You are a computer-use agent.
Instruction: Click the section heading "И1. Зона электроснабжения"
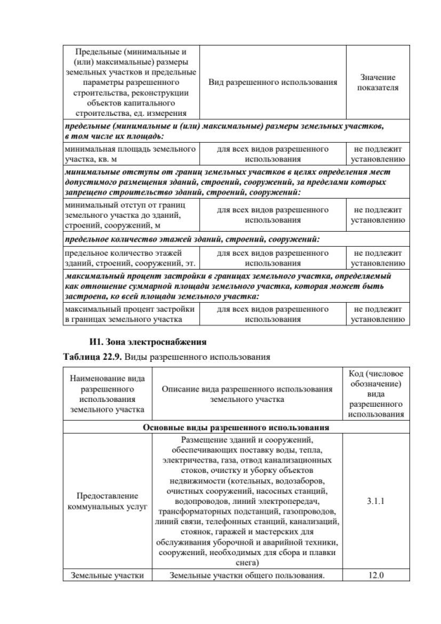click(148, 342)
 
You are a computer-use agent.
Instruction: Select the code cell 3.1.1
click(376, 502)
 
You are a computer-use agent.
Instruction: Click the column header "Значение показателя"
click(378, 83)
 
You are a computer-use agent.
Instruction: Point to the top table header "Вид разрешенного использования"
click(272, 83)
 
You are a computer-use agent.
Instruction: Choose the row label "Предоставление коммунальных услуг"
click(107, 502)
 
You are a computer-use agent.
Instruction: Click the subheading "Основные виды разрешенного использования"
click(236, 427)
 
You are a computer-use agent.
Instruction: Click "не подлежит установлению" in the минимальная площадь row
click(378, 153)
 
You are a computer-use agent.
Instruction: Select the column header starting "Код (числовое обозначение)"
click(376, 394)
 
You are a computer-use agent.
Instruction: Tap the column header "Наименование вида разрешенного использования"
click(107, 394)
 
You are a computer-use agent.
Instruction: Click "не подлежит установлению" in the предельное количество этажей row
click(378, 258)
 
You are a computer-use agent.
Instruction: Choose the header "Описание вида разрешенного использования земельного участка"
click(247, 394)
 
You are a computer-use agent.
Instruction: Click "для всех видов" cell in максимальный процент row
click(272, 314)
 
